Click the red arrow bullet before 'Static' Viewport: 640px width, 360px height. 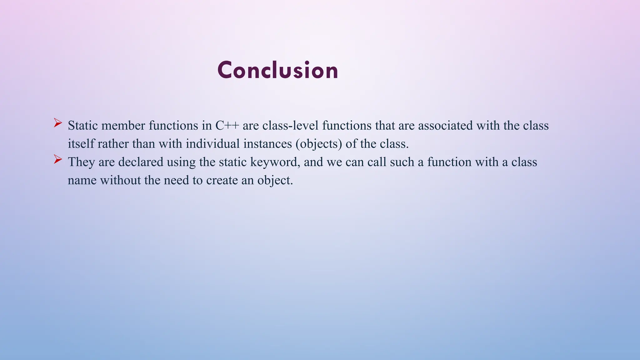57,123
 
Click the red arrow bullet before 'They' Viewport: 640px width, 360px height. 57,159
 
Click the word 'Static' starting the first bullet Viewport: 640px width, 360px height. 83,126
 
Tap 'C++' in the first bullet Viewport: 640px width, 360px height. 227,126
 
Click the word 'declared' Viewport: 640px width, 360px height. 141,162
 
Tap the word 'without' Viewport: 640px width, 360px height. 120,181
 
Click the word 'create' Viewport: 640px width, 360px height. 222,181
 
